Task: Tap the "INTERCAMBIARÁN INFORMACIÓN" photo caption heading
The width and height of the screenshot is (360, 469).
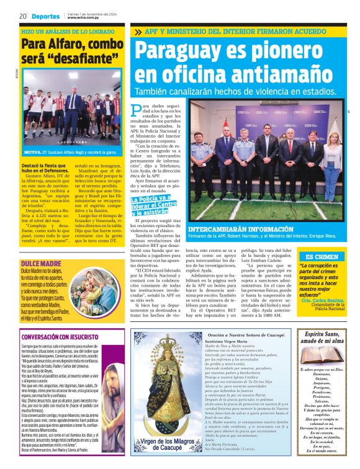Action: [x=233, y=229]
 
